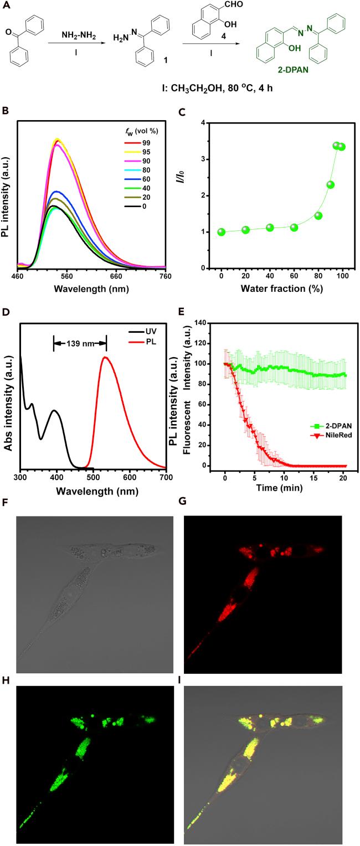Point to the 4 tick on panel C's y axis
[x=204, y=123]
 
